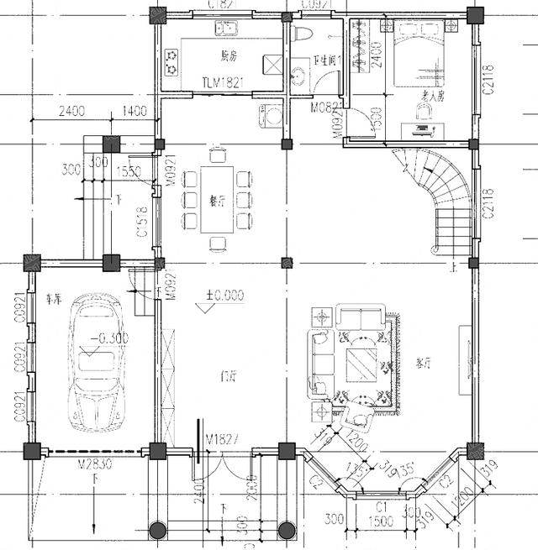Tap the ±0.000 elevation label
pyautogui.click(x=224, y=295)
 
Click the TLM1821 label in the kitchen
pyautogui.click(x=223, y=82)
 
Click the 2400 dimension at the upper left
pyautogui.click(x=72, y=111)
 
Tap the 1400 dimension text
pyautogui.click(x=134, y=111)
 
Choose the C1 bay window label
pyautogui.click(x=380, y=507)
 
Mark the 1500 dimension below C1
pyautogui.click(x=380, y=522)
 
